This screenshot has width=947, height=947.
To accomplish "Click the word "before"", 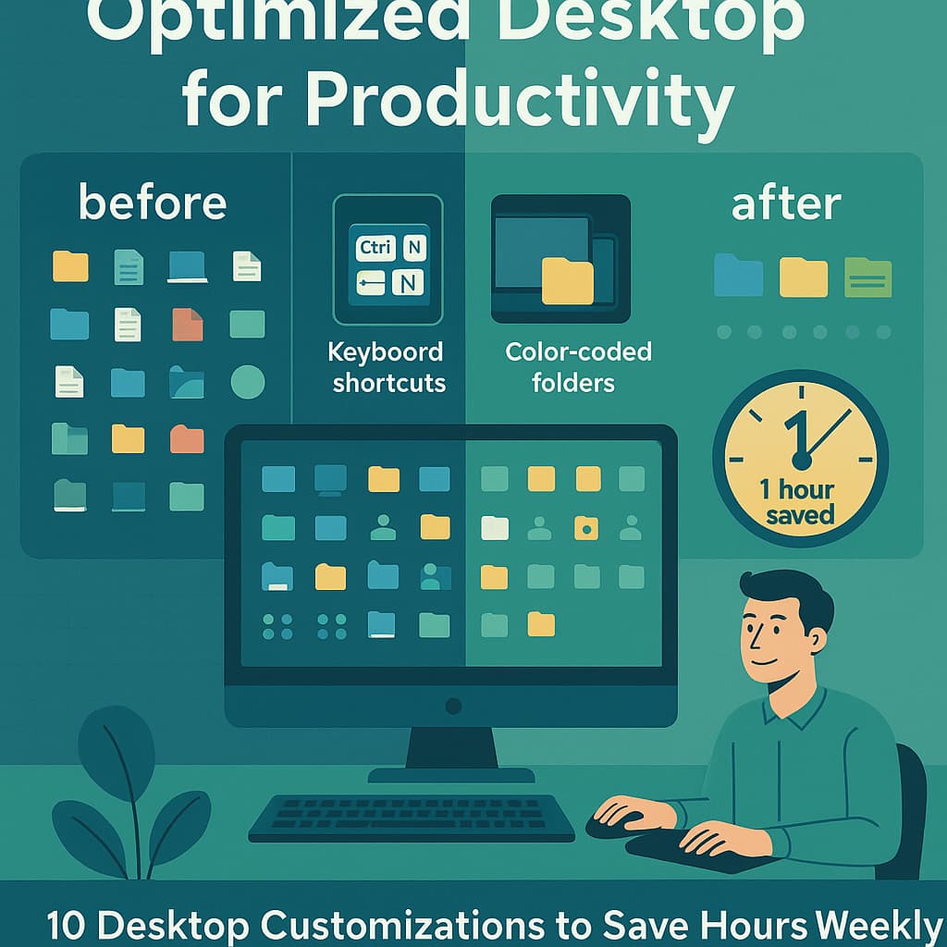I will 152,202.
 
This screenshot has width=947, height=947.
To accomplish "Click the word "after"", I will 786,203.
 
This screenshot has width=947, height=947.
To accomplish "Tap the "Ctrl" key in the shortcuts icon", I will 375,247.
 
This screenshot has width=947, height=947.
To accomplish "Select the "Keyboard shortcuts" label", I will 388,367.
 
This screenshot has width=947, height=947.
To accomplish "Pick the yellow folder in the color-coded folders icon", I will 567,280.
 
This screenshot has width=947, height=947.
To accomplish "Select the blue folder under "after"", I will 739,276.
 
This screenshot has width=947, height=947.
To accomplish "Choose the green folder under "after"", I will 867,277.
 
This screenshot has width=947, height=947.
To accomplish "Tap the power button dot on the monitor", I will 453,706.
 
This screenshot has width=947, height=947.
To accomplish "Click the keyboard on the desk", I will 412,817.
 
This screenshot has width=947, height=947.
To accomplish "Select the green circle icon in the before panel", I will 247,381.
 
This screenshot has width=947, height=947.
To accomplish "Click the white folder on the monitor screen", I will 495,528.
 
